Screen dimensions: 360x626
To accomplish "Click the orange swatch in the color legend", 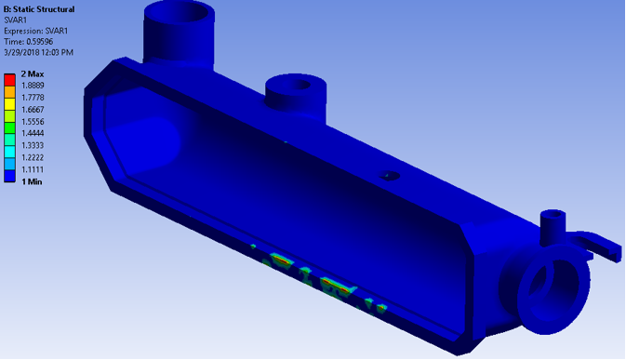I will (10, 91).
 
